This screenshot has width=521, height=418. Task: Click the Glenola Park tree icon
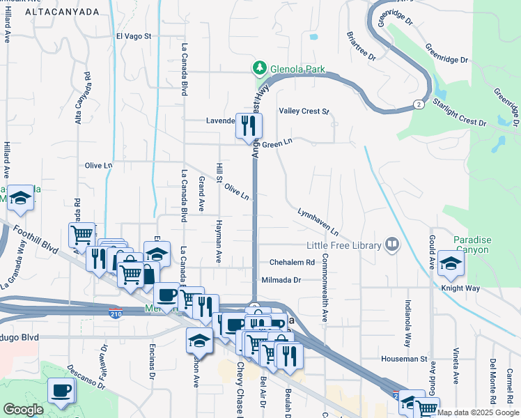259,68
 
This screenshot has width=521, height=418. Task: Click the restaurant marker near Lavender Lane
249,125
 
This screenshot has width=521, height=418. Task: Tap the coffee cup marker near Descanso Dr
60,389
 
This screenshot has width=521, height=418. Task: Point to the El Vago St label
134,36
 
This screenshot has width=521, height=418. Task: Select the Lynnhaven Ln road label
318,221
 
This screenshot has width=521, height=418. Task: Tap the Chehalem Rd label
292,263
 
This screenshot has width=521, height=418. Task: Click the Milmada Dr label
281,280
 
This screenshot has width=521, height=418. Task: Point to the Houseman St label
403,359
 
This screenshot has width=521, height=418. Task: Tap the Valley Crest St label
304,111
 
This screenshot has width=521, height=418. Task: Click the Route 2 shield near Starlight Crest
418,104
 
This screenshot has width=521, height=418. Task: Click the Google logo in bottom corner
22,410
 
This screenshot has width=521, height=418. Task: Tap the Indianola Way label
407,324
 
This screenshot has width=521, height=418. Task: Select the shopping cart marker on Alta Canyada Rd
82,235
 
